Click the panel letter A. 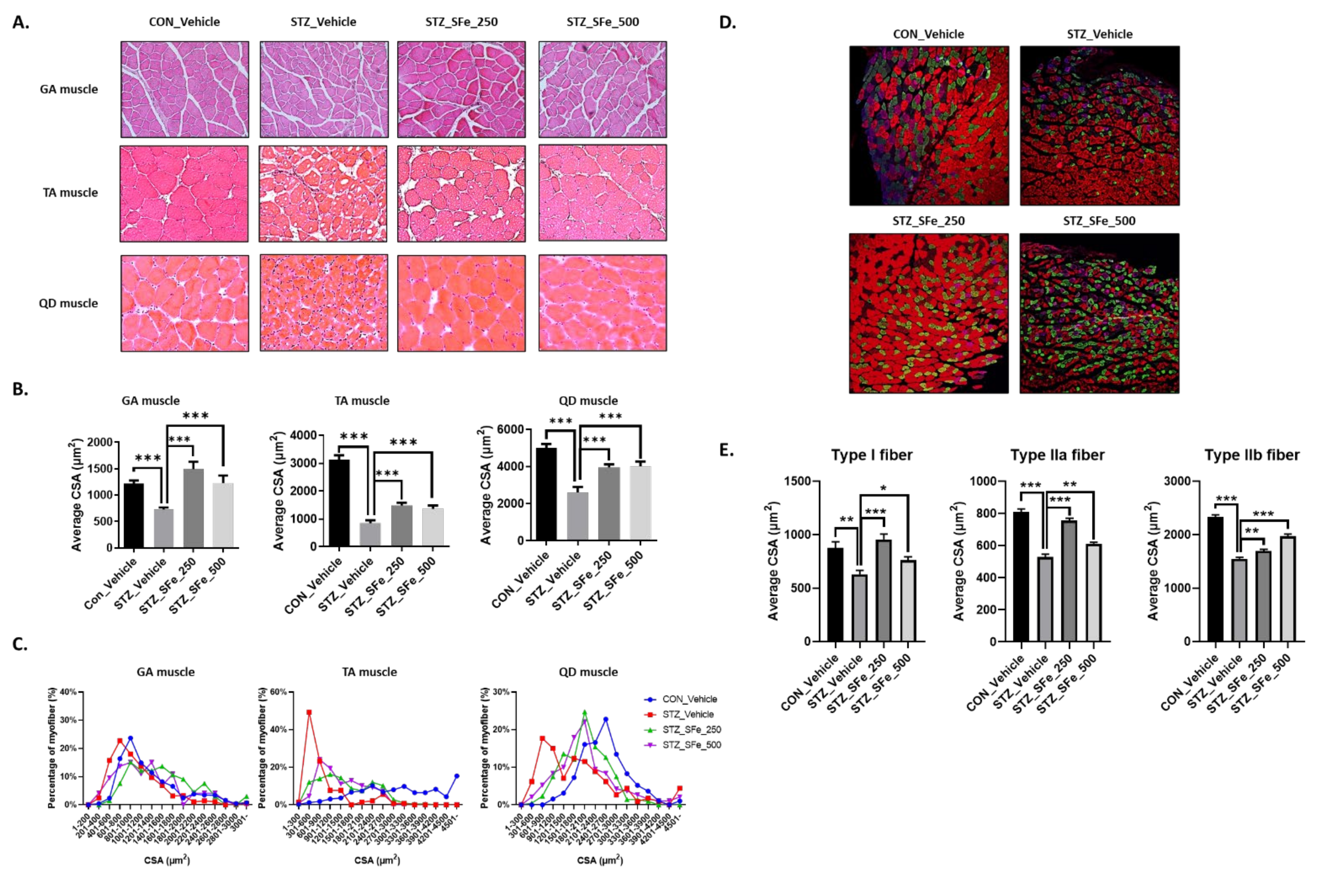[21, 23]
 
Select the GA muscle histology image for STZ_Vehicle [323, 89]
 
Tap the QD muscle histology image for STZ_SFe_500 [602, 303]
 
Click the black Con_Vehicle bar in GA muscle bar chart [134, 515]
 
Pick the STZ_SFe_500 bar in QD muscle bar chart [640, 503]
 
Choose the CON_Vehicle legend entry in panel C [689, 699]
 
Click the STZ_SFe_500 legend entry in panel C [691, 745]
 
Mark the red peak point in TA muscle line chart [309, 713]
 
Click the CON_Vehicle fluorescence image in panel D [929, 126]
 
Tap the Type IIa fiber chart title [1057, 455]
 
